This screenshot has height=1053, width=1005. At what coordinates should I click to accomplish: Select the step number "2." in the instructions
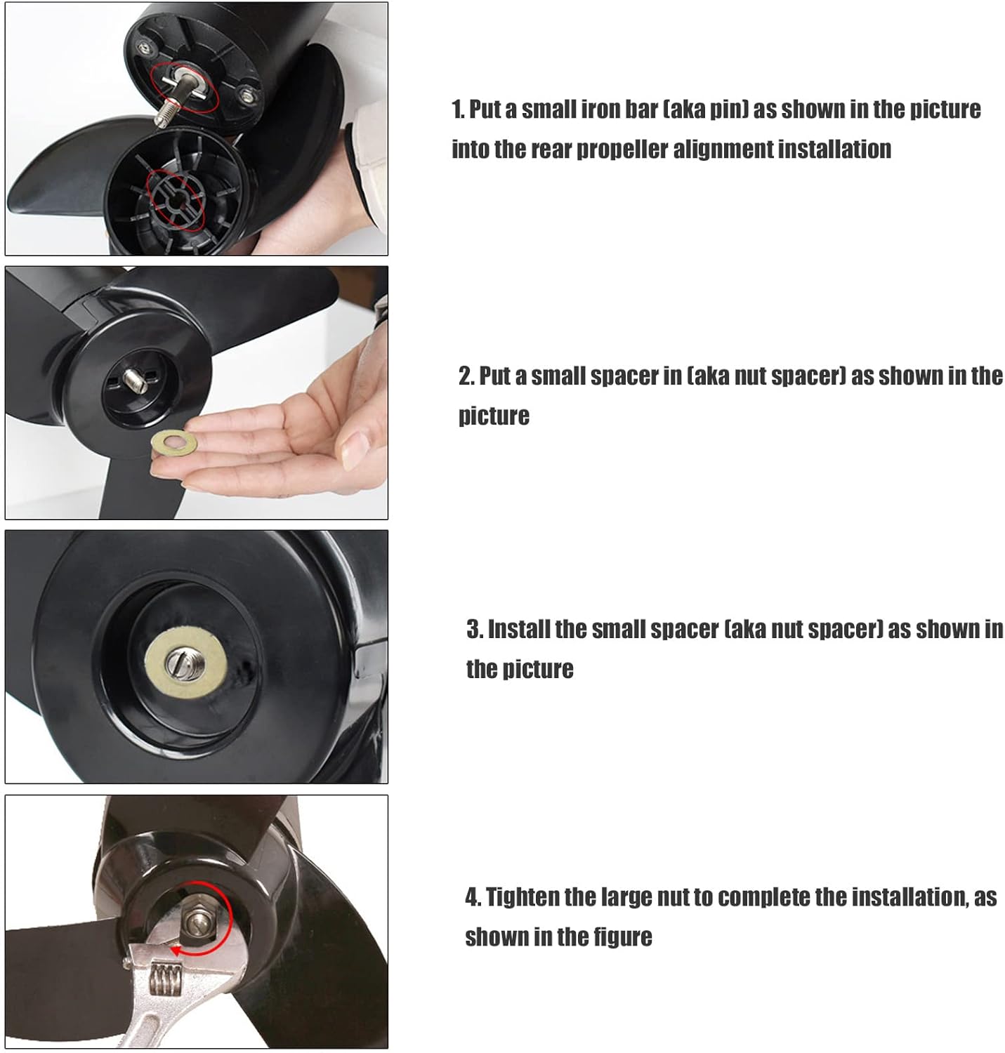(x=467, y=376)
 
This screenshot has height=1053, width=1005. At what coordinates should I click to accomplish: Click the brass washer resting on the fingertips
(x=173, y=442)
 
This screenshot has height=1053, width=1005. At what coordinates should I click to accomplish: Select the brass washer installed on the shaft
(x=185, y=663)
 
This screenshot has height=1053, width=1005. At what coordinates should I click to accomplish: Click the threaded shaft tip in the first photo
(x=164, y=117)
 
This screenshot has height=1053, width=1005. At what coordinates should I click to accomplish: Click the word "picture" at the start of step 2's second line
(x=494, y=416)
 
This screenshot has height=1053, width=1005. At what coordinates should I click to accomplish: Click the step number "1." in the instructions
(x=459, y=110)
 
